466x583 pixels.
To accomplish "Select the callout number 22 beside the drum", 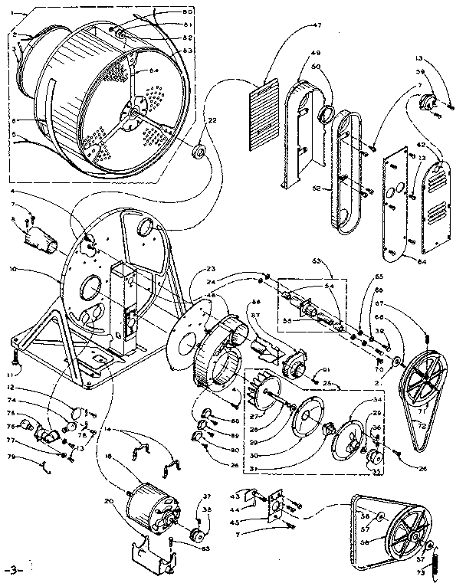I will point(212,120).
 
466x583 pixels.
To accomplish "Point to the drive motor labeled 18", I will point(150,509).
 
